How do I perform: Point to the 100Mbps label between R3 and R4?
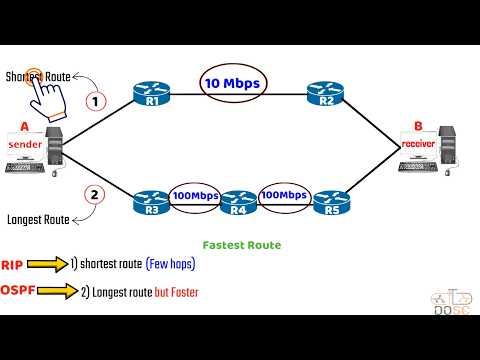pos(196,196)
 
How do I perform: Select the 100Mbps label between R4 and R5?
pos(284,196)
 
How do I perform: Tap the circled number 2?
pos(94,194)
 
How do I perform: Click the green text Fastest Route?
pos(240,244)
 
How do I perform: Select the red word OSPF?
pos(19,291)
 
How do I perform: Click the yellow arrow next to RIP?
pos(47,264)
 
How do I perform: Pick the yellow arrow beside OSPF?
pos(62,291)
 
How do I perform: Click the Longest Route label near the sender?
pos(37,218)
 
